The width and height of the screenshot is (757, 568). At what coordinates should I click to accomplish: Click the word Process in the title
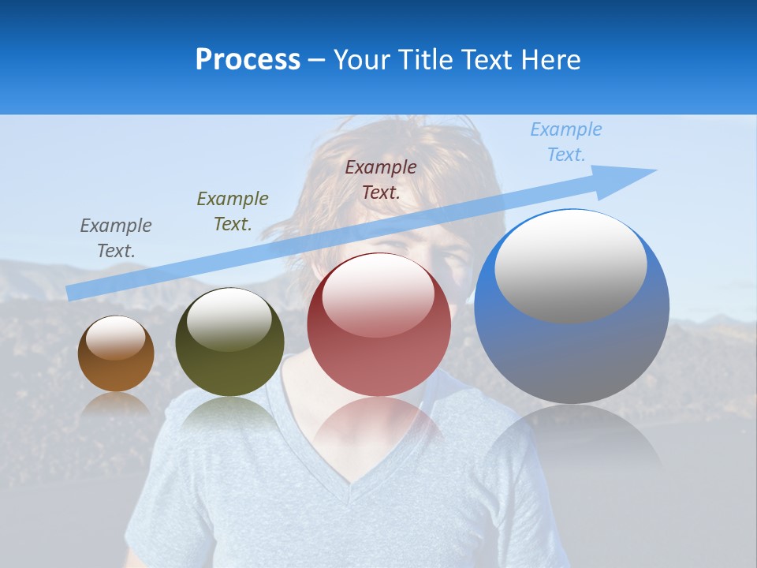[x=248, y=59]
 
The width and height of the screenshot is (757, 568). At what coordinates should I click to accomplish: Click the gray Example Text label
[x=116, y=238]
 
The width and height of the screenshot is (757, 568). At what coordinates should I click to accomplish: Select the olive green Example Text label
[x=233, y=211]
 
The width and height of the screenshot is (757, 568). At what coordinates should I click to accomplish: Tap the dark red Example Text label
[x=381, y=180]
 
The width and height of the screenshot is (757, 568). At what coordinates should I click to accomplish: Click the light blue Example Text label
[x=566, y=142]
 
